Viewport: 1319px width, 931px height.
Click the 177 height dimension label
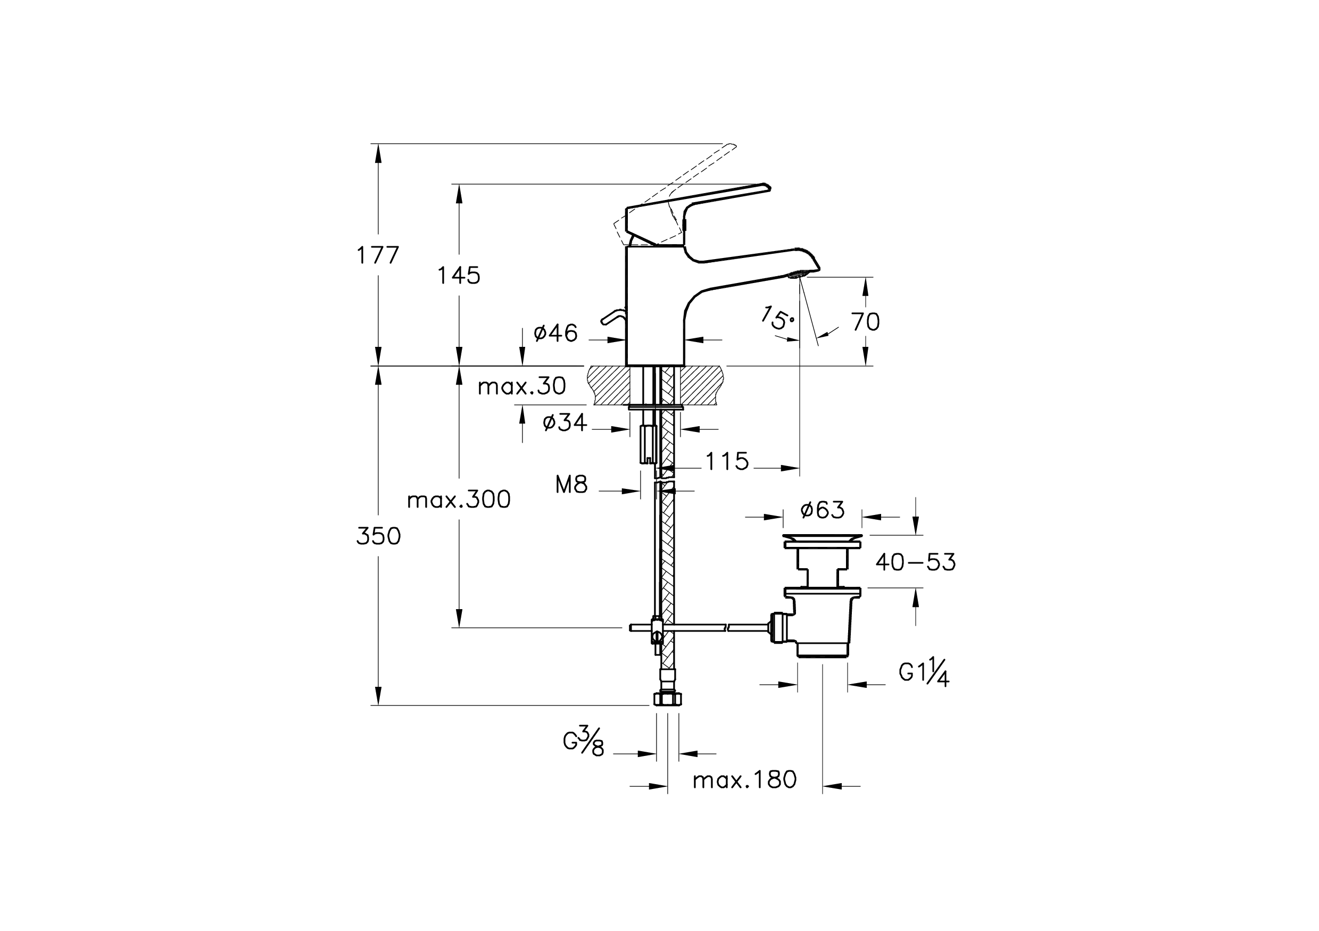(x=377, y=255)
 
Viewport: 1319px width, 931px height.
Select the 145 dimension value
(x=459, y=276)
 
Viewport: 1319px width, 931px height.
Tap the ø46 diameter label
(x=555, y=333)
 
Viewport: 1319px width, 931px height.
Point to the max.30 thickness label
(x=521, y=387)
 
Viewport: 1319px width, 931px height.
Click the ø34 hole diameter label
(x=565, y=423)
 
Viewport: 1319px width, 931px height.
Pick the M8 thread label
(x=571, y=485)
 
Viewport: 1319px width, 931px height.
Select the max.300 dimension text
(x=459, y=500)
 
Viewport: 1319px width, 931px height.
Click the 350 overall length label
(x=378, y=536)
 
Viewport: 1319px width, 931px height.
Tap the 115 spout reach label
(x=727, y=461)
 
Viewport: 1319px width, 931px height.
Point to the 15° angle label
(x=777, y=318)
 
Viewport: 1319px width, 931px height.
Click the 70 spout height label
(x=865, y=322)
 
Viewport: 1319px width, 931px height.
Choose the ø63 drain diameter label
(x=822, y=510)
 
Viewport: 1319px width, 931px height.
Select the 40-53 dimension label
(x=916, y=563)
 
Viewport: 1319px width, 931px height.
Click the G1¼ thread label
(x=924, y=673)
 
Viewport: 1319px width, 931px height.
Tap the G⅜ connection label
(x=584, y=742)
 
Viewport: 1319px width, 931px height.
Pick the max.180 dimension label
(x=744, y=780)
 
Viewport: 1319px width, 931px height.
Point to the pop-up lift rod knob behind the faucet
(x=611, y=318)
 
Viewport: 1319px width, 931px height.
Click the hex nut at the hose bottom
(x=668, y=699)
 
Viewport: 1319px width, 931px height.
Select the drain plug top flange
(x=822, y=539)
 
